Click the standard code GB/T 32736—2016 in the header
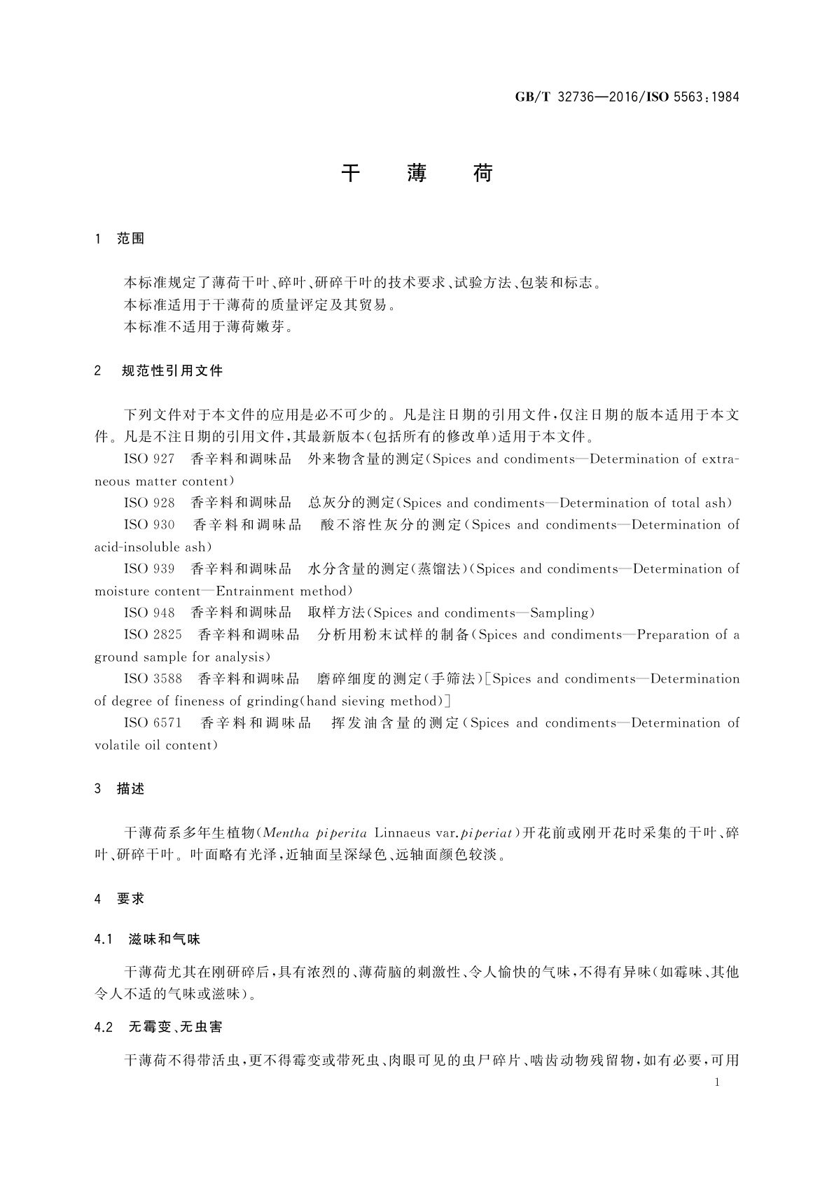574,97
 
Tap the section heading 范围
131,239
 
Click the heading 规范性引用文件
172,371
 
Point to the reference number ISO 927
149,459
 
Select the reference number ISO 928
149,503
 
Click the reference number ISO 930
149,525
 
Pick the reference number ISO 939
149,569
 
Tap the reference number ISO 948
149,613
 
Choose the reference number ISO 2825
153,635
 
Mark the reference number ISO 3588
153,679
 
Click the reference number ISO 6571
153,723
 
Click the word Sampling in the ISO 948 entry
559,613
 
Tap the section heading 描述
131,789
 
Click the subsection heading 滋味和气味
165,940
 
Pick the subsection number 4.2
104,1028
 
